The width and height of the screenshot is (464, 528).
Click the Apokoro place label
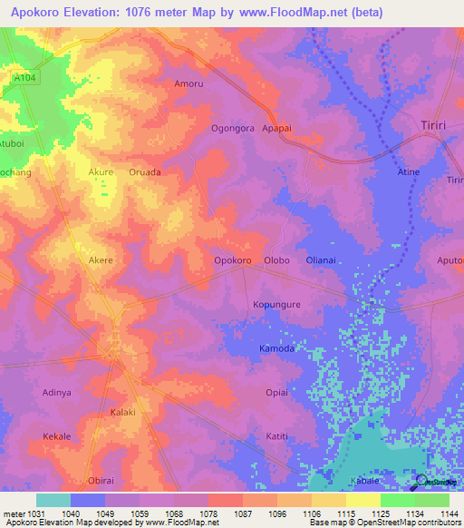pyautogui.click(x=232, y=261)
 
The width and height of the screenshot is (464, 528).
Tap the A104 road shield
pyautogui.click(x=24, y=79)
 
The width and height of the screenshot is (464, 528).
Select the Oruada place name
pyautogui.click(x=145, y=171)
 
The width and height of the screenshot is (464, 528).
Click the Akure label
pyautogui.click(x=101, y=171)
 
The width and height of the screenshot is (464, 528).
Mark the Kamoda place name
pyautogui.click(x=276, y=348)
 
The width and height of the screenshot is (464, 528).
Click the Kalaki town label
pyautogui.click(x=122, y=412)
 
